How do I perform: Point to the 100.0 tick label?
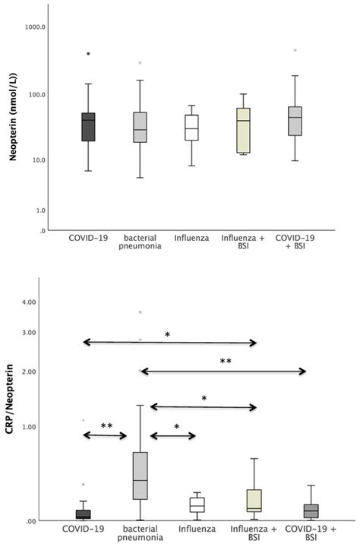[36, 94]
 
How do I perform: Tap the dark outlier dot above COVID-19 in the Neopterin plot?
[88, 54]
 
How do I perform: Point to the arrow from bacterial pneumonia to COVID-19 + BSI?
[223, 371]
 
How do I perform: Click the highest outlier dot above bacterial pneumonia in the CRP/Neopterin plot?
[140, 312]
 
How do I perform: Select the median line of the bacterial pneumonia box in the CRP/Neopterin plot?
[140, 480]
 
